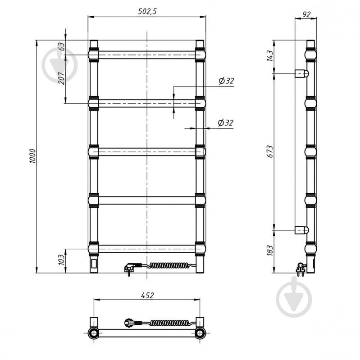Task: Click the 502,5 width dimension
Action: (x=147, y=11)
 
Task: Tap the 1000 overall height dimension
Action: (x=33, y=156)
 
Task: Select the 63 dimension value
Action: (x=61, y=46)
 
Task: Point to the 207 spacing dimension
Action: (x=61, y=78)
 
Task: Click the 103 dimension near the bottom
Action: (x=61, y=260)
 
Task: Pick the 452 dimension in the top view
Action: (x=147, y=295)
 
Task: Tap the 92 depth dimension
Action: (x=306, y=14)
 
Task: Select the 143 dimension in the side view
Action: (x=270, y=56)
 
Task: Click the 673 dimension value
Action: (x=270, y=151)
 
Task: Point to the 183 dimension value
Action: (x=270, y=251)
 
